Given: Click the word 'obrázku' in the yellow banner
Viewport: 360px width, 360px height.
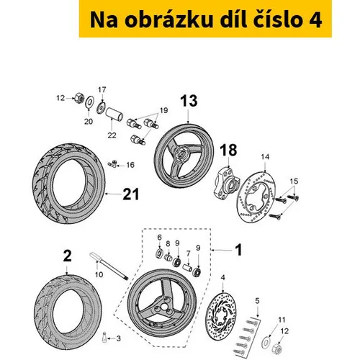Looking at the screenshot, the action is (168, 20).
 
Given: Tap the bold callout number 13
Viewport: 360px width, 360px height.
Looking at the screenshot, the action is (189, 101).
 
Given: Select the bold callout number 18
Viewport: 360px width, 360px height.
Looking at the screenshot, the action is (228, 150).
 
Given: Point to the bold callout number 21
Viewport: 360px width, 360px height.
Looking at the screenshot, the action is (131, 194).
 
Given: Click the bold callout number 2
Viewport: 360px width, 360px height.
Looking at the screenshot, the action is (67, 256).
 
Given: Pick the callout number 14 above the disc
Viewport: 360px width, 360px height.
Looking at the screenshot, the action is (265, 157).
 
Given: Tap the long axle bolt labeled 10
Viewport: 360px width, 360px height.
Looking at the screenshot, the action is (109, 266).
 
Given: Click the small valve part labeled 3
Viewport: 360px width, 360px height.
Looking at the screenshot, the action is (104, 337).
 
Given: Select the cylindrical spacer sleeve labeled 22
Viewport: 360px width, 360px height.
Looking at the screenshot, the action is (114, 114).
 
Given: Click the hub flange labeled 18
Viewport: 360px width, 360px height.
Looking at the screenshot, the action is (225, 183).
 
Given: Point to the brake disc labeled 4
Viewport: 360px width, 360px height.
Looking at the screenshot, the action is (221, 316).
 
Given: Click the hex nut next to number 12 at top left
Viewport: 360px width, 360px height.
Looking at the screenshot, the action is (79, 98).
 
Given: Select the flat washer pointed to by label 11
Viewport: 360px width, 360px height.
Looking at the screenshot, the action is (266, 342).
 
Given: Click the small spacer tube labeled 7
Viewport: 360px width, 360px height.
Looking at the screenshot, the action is (188, 268).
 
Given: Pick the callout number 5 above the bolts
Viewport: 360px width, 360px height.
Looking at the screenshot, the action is (257, 301).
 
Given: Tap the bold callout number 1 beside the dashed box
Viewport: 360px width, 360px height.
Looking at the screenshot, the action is (238, 250).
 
